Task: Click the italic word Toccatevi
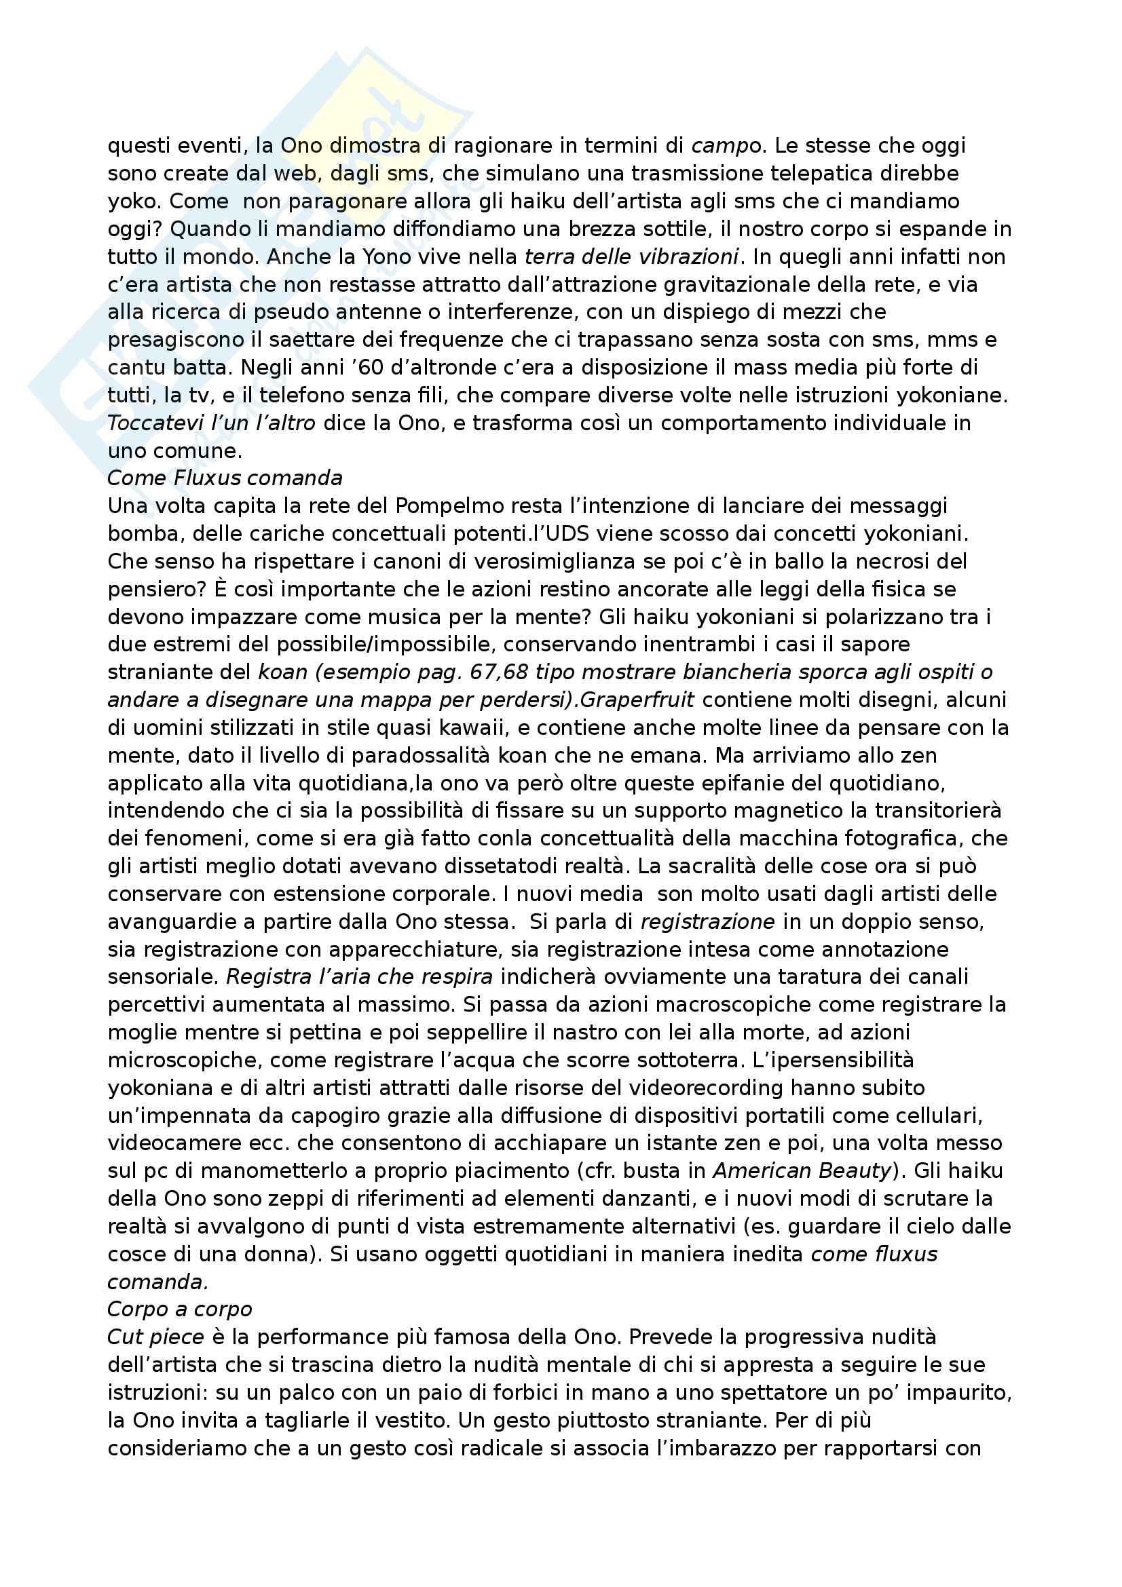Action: tap(155, 423)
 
